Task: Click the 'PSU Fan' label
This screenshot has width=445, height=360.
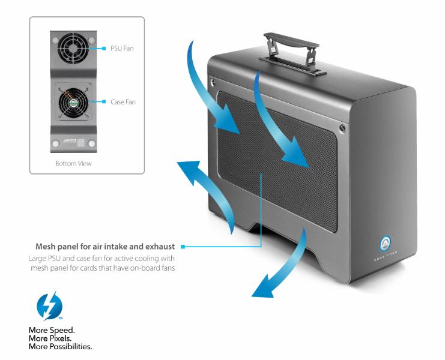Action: coord(123,48)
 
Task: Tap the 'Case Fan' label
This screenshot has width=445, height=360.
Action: coord(123,102)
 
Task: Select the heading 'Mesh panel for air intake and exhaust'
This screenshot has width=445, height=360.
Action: coord(105,247)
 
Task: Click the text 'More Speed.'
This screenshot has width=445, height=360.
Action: coord(52,331)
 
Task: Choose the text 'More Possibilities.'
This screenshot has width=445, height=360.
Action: coord(61,346)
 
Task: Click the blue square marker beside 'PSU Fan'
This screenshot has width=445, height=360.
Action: coord(105,48)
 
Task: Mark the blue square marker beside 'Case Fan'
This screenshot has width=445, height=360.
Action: coord(105,102)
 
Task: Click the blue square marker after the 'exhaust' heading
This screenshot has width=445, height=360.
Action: coord(182,247)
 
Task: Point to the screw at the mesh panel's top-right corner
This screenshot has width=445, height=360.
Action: coord(342,127)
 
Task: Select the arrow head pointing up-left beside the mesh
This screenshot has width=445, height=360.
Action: coord(184,170)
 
